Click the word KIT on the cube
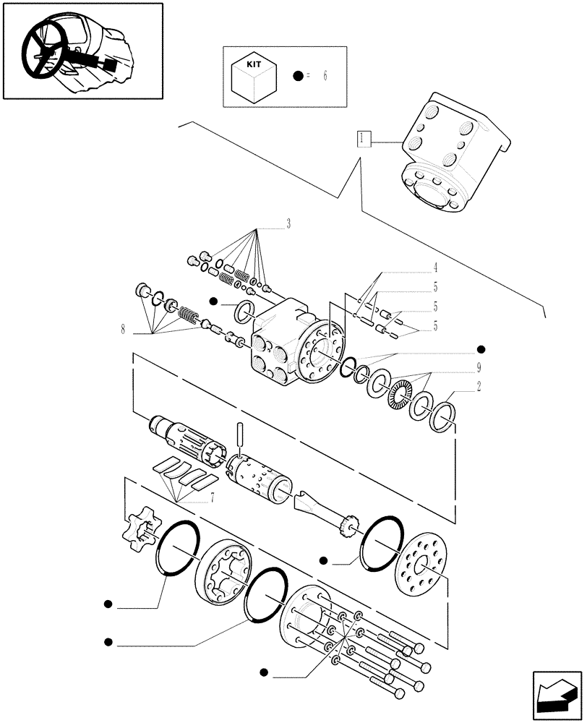(252, 64)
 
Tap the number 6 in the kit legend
(325, 76)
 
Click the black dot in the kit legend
(297, 76)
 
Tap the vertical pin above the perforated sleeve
(241, 438)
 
